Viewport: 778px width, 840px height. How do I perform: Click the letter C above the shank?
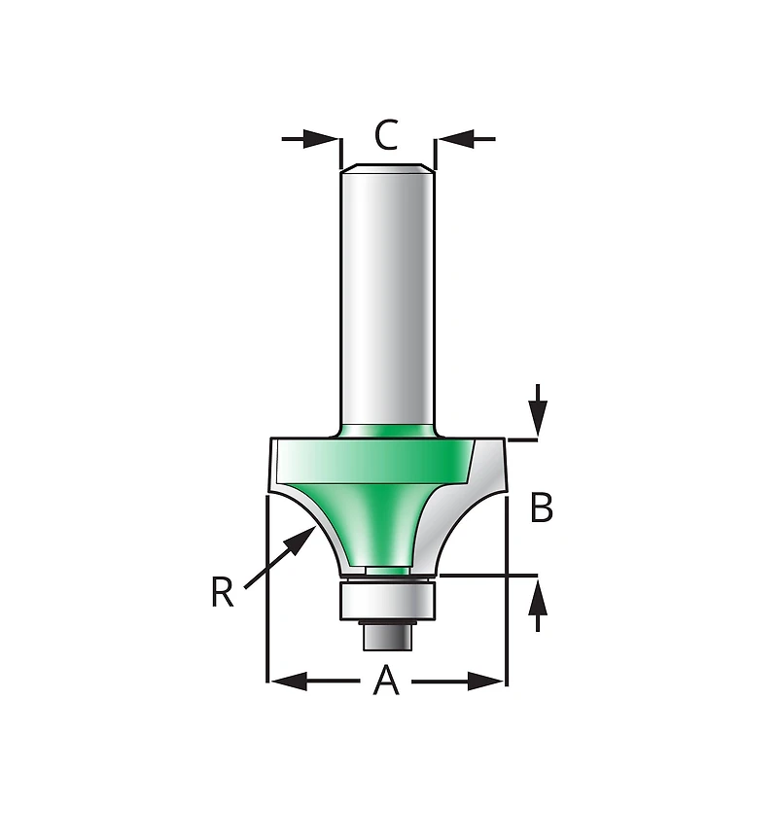[386, 136]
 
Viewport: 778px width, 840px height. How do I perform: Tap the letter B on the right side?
[542, 507]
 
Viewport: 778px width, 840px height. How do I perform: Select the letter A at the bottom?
[387, 682]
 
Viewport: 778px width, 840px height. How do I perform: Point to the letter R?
[222, 592]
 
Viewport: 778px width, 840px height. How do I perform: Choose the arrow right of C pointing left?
[465, 139]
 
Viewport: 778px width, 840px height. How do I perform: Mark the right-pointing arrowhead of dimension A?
[486, 682]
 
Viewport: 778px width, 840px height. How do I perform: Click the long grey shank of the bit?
[387, 292]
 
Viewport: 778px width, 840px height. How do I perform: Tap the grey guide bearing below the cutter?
[387, 599]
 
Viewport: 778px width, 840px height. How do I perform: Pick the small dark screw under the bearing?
[387, 634]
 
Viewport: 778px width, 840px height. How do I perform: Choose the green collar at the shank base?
[387, 430]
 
